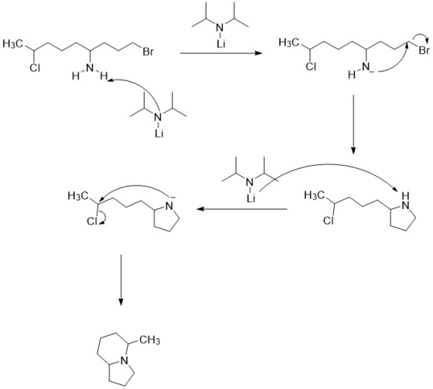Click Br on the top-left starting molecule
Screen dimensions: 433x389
click(x=148, y=52)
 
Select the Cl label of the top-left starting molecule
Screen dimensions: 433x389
click(x=35, y=68)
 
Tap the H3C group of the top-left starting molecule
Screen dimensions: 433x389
click(x=12, y=43)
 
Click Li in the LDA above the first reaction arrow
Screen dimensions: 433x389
click(x=221, y=44)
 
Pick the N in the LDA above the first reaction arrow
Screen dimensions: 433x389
click(x=220, y=28)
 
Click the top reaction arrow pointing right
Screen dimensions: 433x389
click(x=220, y=52)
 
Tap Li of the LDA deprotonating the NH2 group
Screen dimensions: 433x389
click(x=159, y=134)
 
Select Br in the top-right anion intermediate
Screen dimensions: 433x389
click(x=424, y=51)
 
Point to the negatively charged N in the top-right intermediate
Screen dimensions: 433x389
click(x=366, y=67)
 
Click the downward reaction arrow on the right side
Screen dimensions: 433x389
click(x=353, y=124)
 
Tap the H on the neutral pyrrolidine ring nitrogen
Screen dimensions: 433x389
click(x=405, y=196)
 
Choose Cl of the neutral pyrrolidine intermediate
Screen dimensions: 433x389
click(x=329, y=221)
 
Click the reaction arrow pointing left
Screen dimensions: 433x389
click(x=242, y=209)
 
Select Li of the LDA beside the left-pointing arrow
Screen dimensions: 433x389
click(x=251, y=198)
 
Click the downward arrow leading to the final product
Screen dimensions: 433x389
click(x=121, y=279)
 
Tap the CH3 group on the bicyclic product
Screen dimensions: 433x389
click(x=149, y=340)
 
